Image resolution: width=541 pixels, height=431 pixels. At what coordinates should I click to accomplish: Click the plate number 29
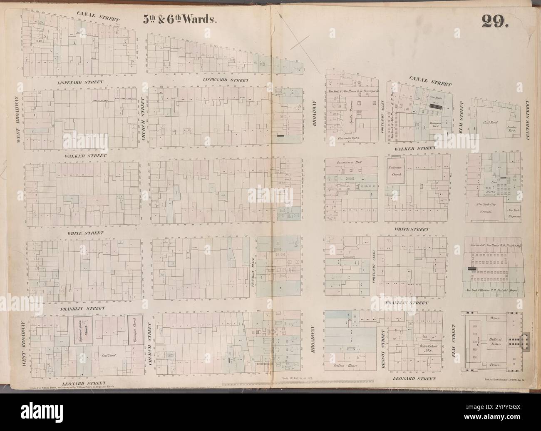[495, 20]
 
